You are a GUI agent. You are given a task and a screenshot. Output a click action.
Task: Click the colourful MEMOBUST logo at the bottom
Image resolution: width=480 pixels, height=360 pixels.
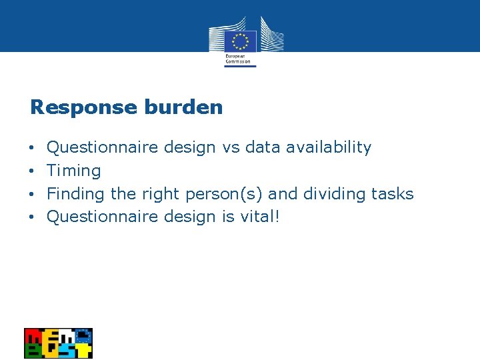[58, 343]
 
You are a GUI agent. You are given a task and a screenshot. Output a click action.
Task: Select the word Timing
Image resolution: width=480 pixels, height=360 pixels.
[74, 171]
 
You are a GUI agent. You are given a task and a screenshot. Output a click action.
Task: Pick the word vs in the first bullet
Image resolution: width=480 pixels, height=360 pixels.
[231, 147]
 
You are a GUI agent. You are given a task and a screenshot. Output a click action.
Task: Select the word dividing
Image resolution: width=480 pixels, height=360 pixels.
[334, 194]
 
